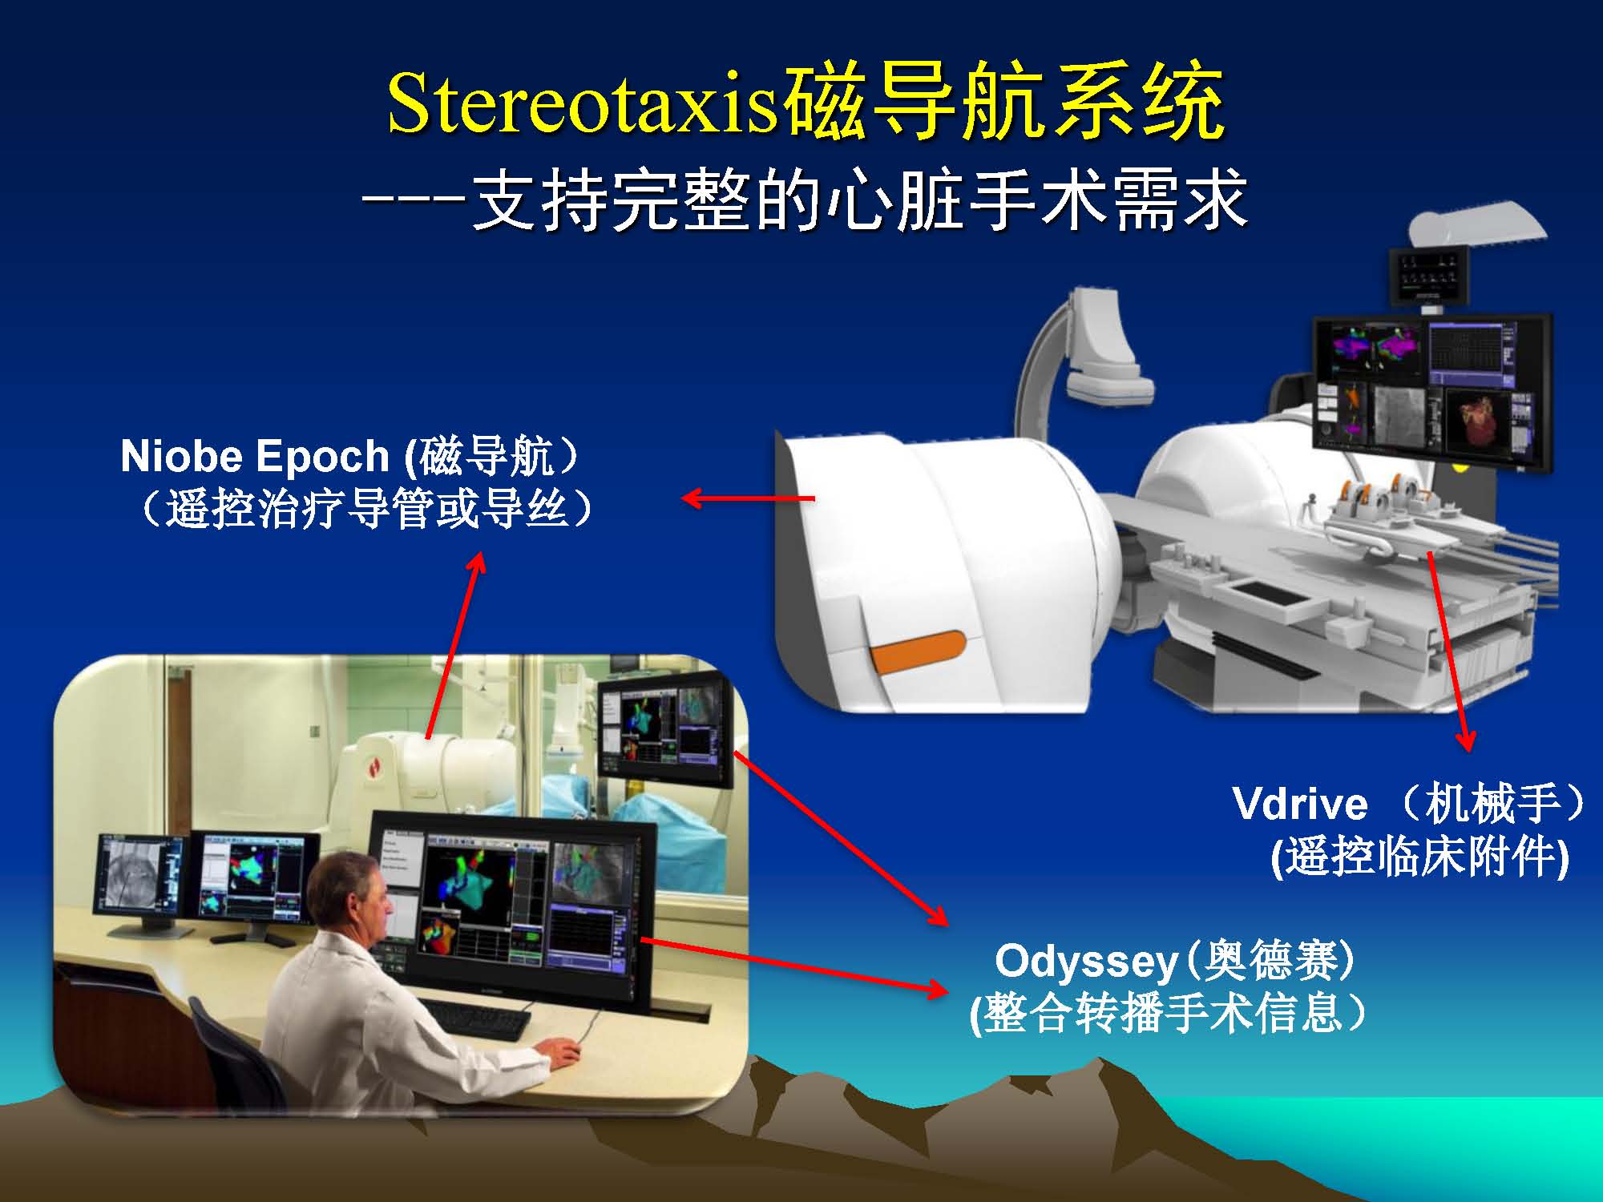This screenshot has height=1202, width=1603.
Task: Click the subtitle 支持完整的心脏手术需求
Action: (x=858, y=200)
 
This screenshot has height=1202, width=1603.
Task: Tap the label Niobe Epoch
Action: (x=255, y=455)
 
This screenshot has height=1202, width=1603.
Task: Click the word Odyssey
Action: (x=1086, y=962)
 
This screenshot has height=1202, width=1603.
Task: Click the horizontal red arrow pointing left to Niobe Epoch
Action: (x=747, y=498)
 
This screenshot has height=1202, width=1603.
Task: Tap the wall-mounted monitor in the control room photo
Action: (x=664, y=730)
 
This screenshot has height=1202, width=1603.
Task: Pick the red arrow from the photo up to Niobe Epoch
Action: (x=454, y=643)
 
